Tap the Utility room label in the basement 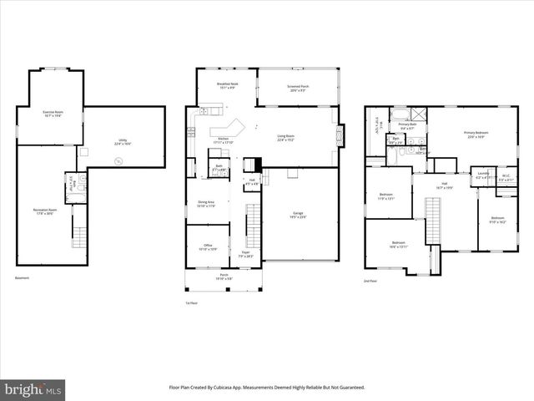(123, 142)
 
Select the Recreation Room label (45, 211)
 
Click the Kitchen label (223, 140)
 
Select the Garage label (299, 215)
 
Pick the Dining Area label (205, 204)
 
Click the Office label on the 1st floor (205, 246)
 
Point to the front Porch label (224, 276)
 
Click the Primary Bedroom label (476, 135)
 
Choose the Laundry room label (482, 176)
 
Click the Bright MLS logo (33, 388)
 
